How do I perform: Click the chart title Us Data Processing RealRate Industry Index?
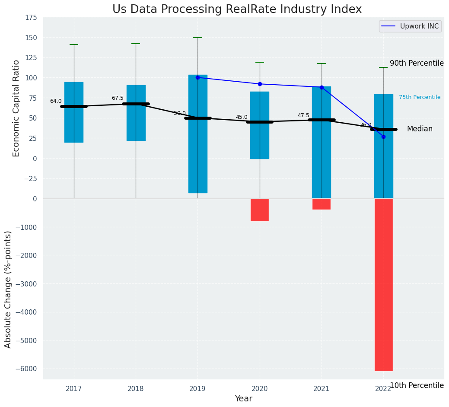(237, 10)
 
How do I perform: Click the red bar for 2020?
(260, 210)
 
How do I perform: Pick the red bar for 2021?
(322, 204)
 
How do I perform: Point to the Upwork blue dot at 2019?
(198, 78)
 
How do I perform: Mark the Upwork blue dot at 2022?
(383, 137)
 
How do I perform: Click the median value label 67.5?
(118, 98)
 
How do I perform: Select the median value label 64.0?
(56, 101)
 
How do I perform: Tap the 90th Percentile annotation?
(417, 63)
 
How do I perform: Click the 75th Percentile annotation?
(420, 97)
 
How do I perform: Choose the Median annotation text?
(420, 129)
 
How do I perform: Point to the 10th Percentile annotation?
(417, 385)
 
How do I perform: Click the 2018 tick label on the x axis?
(136, 389)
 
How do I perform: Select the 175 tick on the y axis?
(31, 18)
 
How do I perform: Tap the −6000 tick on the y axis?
(27, 369)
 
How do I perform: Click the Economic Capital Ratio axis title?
(16, 108)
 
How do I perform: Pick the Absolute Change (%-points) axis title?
(8, 289)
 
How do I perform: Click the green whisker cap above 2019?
(198, 38)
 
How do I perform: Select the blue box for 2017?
(74, 112)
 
